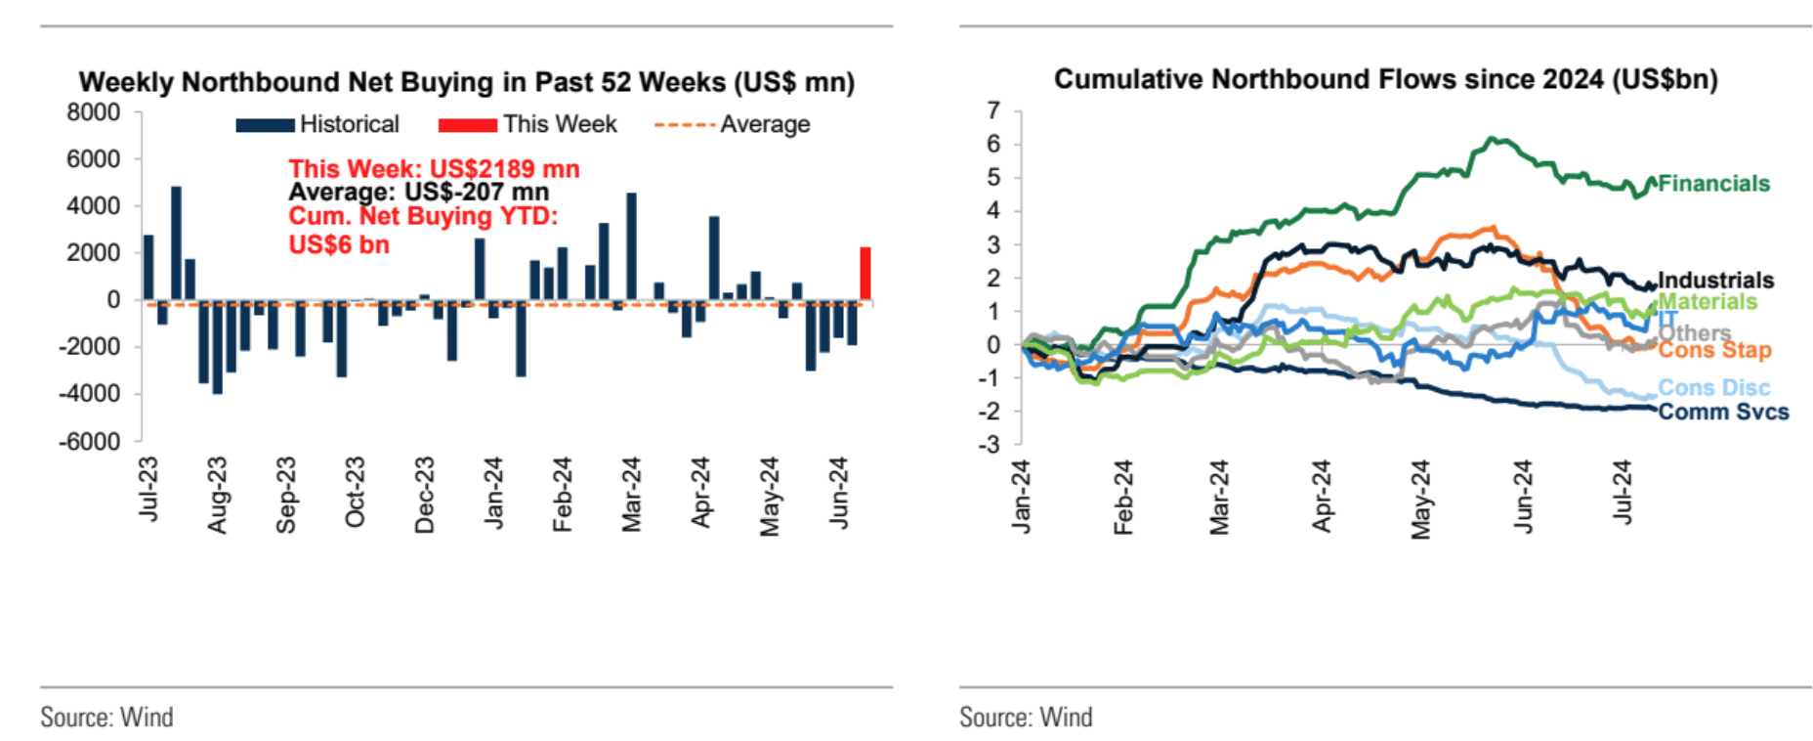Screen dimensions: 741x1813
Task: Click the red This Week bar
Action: tap(865, 274)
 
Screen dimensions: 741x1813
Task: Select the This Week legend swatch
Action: tap(467, 125)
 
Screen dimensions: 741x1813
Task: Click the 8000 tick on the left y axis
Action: tap(94, 112)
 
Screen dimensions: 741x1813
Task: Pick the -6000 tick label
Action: tap(90, 441)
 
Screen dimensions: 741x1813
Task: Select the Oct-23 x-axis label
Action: tap(355, 492)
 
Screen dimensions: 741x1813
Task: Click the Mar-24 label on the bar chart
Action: tap(631, 495)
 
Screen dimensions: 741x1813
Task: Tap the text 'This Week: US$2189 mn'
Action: tap(434, 169)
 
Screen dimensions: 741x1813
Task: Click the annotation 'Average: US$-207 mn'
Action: tap(418, 193)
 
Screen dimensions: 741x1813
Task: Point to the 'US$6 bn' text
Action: tap(339, 244)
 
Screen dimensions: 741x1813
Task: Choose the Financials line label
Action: tap(1713, 184)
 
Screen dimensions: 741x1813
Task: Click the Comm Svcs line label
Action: tap(1723, 413)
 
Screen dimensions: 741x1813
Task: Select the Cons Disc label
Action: tap(1713, 388)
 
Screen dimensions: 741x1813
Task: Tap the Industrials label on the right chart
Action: tap(1715, 281)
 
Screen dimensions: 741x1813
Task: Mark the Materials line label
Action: tap(1708, 302)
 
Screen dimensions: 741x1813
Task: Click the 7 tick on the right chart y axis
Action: tap(993, 110)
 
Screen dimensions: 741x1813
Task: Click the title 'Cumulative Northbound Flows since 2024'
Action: tap(1385, 79)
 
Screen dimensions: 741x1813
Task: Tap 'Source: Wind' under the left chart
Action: tap(106, 718)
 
